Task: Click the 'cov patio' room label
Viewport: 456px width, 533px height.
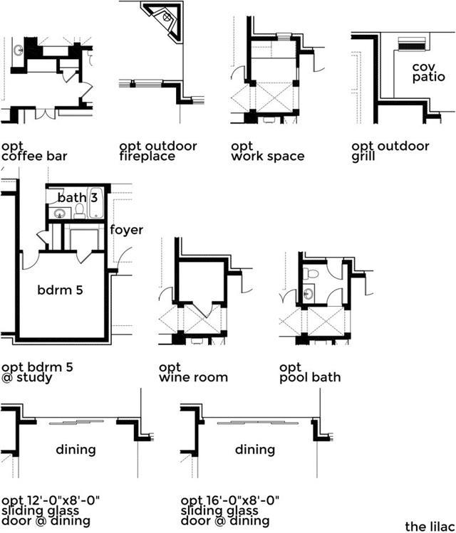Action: (x=428, y=72)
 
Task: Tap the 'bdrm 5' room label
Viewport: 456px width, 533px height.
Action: (x=61, y=290)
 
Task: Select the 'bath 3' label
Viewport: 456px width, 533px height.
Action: (x=78, y=197)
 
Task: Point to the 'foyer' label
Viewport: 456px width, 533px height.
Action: (x=126, y=230)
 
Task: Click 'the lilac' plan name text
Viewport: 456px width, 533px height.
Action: (x=430, y=527)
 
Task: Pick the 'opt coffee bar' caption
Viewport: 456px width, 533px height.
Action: (x=34, y=152)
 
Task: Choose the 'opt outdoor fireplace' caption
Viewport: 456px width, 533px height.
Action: (x=158, y=152)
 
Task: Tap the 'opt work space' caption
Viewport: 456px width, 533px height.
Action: (x=267, y=152)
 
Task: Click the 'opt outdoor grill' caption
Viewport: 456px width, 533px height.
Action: (x=390, y=152)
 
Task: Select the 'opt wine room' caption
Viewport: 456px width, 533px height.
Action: (x=193, y=372)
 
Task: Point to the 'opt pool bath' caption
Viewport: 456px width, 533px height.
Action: (x=310, y=372)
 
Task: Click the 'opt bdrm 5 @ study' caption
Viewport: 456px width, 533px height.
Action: (x=37, y=372)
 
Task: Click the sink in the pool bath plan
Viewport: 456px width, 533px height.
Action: (x=309, y=294)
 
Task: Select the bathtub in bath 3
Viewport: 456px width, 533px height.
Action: (x=95, y=204)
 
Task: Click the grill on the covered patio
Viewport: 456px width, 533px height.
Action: (x=412, y=44)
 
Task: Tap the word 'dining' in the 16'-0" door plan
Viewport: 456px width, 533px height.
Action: (x=255, y=450)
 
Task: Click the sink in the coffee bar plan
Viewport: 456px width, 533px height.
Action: (x=19, y=51)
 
